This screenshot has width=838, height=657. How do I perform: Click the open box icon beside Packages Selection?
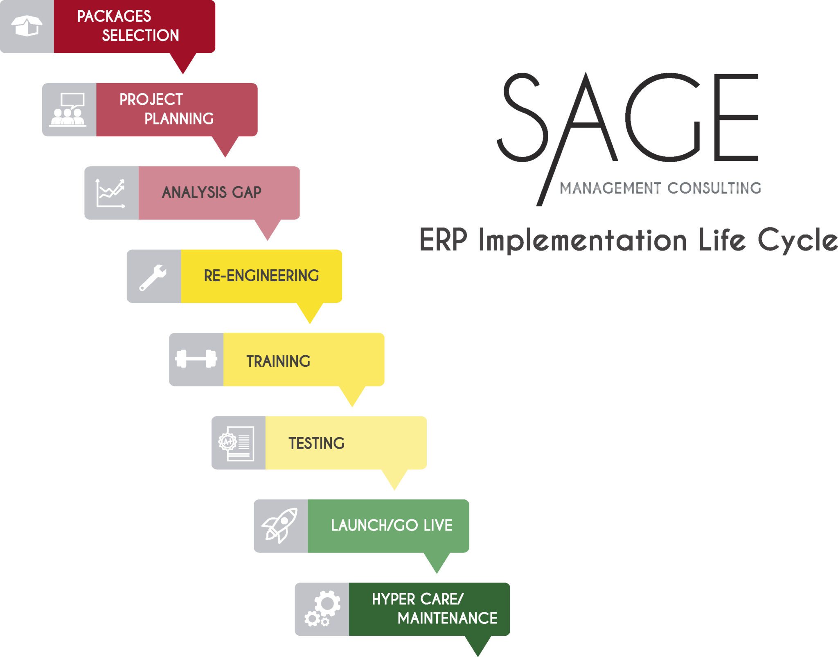tap(27, 26)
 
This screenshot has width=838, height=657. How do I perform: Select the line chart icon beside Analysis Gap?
tap(110, 193)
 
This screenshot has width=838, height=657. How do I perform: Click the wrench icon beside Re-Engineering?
tap(153, 277)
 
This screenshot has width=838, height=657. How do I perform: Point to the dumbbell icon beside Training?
tap(196, 359)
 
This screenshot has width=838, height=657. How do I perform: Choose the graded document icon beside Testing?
tap(237, 443)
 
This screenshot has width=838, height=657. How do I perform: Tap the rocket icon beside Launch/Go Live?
tap(280, 526)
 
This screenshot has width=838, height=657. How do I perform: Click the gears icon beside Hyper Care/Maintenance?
tap(322, 609)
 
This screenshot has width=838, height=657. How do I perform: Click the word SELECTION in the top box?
tap(140, 36)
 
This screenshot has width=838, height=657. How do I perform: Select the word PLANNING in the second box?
tap(179, 119)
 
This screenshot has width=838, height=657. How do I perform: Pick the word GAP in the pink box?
tap(247, 192)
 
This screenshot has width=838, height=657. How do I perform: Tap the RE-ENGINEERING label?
tap(261, 276)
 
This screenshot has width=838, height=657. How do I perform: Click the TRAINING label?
tap(278, 361)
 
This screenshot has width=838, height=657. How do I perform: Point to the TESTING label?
tap(316, 443)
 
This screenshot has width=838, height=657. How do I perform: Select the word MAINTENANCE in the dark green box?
tap(447, 618)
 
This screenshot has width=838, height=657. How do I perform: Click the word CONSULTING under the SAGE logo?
tap(714, 188)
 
